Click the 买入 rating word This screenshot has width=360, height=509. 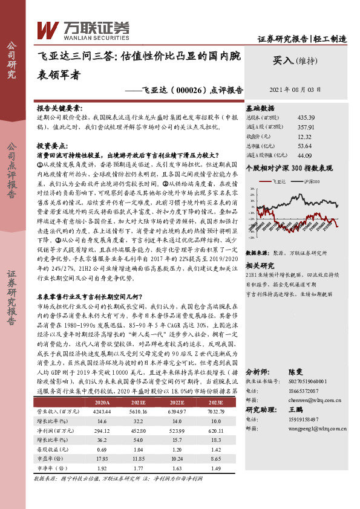click(283, 60)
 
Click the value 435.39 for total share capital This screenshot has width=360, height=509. click(306, 117)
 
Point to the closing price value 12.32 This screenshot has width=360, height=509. click(306, 136)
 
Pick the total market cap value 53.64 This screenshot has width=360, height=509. click(306, 146)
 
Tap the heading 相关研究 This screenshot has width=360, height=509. click(260, 248)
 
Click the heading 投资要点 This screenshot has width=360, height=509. click(53, 146)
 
